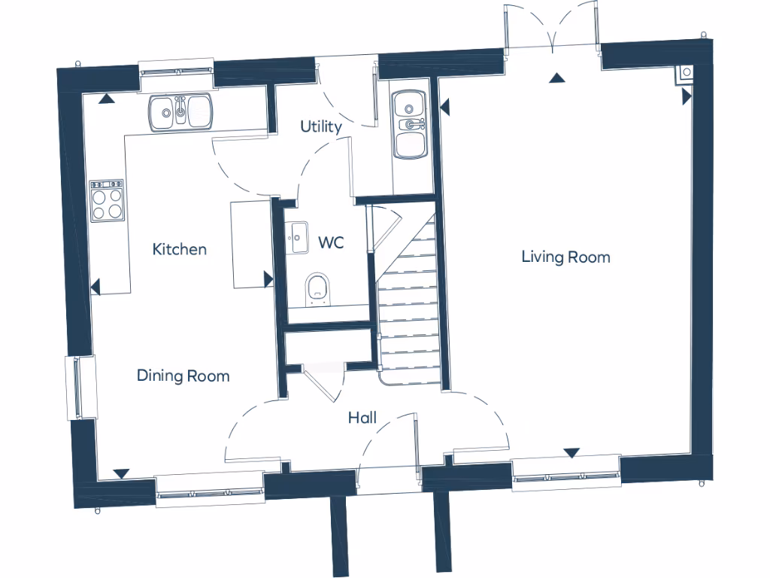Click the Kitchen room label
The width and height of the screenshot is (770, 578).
point(179,249)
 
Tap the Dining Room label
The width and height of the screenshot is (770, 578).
point(183,376)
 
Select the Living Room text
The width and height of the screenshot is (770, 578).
point(565,257)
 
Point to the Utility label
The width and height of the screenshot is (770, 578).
point(321,126)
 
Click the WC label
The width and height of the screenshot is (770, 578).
point(331,243)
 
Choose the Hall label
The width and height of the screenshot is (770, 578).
point(362,418)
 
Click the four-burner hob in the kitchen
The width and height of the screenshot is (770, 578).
point(107,201)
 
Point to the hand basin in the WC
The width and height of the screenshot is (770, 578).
point(296,239)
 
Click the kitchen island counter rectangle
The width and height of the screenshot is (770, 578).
point(250,243)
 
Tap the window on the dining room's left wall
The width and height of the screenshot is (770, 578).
point(80,387)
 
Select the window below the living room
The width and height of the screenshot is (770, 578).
point(566,473)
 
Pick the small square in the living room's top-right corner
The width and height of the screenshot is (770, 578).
point(687,72)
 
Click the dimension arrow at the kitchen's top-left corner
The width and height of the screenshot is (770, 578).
point(108,98)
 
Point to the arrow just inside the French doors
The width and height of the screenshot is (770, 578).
point(556,78)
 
